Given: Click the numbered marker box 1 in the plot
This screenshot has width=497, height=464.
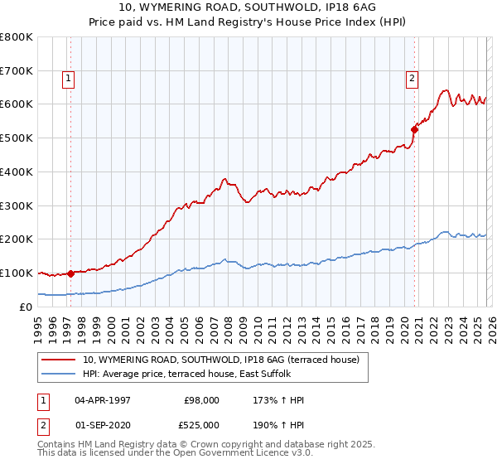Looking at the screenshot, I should [67, 80].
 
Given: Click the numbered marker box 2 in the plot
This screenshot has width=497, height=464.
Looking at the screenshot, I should [411, 80].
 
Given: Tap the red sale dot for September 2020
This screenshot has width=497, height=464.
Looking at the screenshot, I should [415, 129].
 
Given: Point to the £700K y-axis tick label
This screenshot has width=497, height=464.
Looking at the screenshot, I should [17, 71].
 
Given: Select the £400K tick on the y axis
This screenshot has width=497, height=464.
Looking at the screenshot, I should [17, 172].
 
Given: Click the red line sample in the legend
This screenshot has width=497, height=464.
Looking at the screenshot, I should [60, 360].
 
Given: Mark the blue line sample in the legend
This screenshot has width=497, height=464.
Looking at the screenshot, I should [60, 375].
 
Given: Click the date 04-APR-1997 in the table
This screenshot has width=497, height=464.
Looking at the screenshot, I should [103, 400].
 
